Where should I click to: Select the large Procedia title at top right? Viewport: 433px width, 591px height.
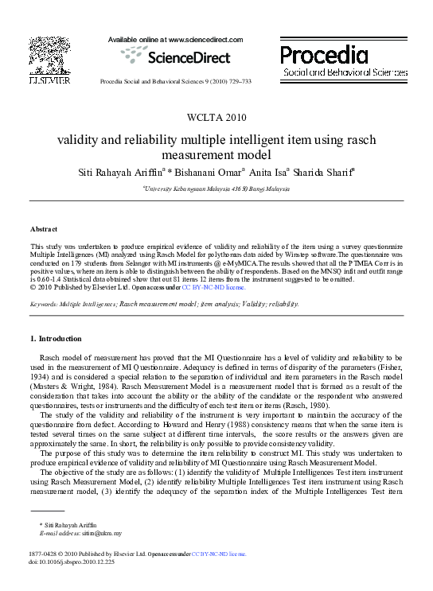(325, 55)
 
